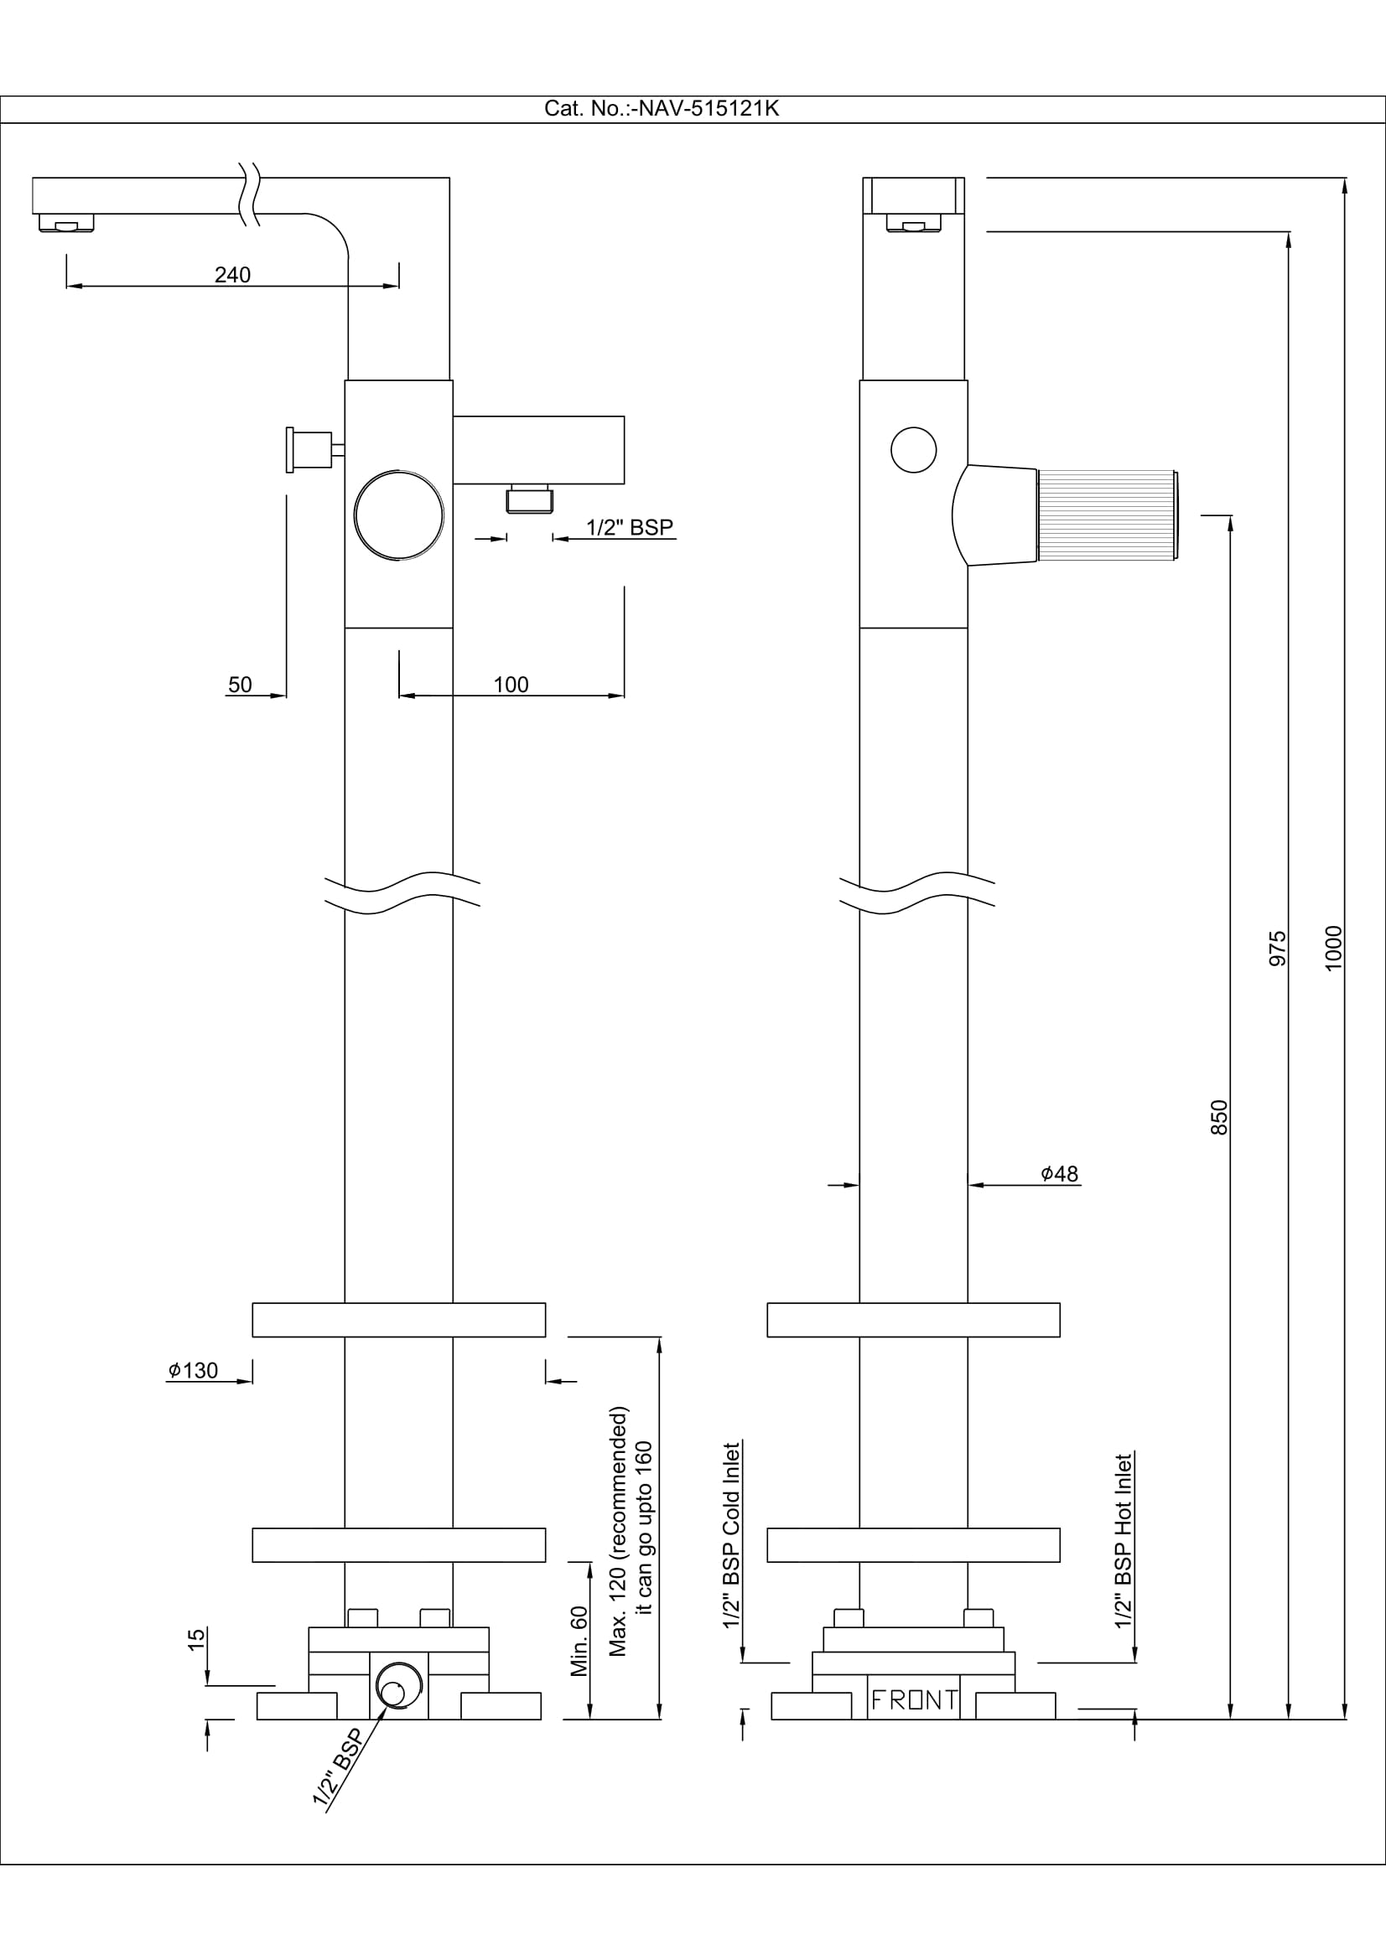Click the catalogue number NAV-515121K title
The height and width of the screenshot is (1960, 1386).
click(661, 109)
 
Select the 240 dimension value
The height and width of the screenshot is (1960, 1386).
click(232, 275)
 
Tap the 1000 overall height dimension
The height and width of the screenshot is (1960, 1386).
click(1333, 948)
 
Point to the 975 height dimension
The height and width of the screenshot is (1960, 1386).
click(1278, 949)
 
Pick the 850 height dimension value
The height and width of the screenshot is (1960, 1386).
click(1219, 1118)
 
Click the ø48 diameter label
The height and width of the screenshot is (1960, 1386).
click(1060, 1174)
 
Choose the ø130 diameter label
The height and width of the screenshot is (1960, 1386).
click(193, 1370)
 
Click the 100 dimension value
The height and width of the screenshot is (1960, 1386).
click(511, 685)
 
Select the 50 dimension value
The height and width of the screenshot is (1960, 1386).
click(240, 685)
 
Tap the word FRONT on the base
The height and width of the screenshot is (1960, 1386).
click(913, 1700)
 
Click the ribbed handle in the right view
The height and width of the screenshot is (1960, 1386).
click(1106, 515)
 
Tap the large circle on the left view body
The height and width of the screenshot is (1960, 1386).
click(399, 515)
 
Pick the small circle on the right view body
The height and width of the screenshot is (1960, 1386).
click(913, 450)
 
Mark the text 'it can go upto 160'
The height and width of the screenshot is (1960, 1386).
click(645, 1528)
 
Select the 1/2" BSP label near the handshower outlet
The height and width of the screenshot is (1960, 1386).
click(630, 528)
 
